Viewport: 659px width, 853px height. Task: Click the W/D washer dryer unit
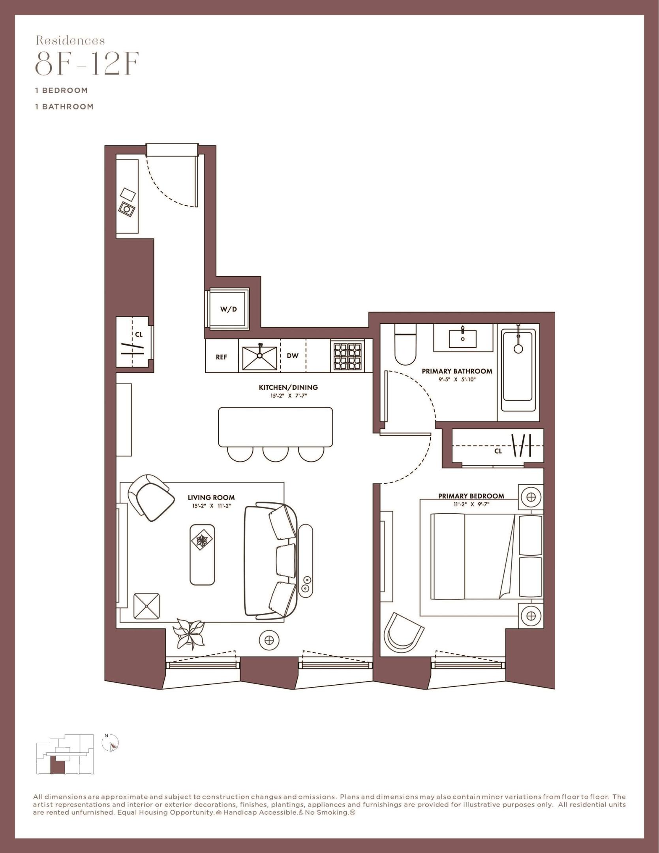click(228, 309)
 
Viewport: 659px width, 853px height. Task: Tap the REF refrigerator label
click(222, 357)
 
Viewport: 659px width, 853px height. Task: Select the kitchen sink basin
click(259, 357)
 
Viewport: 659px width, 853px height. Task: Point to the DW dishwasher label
click(293, 355)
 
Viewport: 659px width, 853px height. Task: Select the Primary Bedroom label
click(471, 496)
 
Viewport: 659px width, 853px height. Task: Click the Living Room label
click(211, 498)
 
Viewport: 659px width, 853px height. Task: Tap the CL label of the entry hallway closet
click(139, 334)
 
